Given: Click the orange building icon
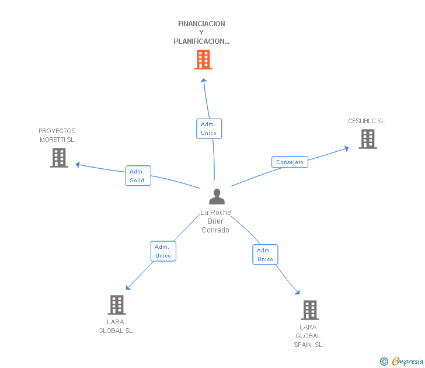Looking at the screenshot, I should click(x=203, y=60).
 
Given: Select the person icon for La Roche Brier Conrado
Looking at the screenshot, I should click(x=217, y=197).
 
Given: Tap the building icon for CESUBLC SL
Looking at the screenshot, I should click(x=367, y=139).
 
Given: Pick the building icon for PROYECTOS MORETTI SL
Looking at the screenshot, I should click(x=59, y=158).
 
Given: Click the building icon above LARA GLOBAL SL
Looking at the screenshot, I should click(x=117, y=304).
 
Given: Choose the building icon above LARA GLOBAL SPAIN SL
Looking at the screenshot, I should click(x=309, y=310).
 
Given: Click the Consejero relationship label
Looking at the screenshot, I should click(x=290, y=162).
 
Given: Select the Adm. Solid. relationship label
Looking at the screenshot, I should click(x=138, y=176).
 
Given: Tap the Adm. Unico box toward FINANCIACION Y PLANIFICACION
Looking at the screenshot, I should click(x=208, y=129).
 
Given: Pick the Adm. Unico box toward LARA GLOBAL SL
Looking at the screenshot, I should click(x=163, y=251).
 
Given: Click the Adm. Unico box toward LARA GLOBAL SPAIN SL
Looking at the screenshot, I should click(x=265, y=255).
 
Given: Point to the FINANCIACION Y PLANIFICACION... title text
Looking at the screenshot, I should click(x=201, y=33).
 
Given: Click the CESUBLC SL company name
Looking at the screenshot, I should click(x=367, y=121).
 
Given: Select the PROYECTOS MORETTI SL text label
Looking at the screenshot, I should click(x=57, y=135).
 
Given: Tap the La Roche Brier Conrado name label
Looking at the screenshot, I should click(x=215, y=221).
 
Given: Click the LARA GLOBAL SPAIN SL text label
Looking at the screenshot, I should click(x=308, y=336).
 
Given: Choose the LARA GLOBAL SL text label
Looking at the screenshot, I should click(x=115, y=326).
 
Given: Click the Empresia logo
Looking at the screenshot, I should click(x=402, y=362).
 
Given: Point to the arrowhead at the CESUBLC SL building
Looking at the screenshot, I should click(x=346, y=148).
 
